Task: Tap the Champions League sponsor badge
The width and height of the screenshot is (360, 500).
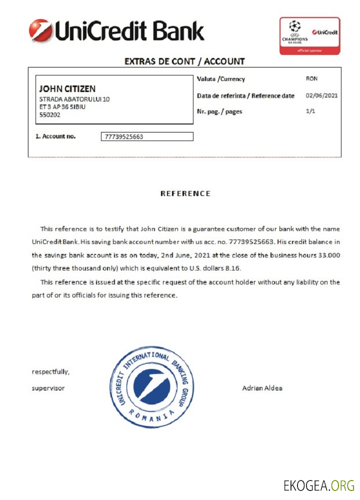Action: pyautogui.click(x=309, y=35)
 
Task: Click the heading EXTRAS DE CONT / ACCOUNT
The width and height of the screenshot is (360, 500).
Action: pyautogui.click(x=184, y=61)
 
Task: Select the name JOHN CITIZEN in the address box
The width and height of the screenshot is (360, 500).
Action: pyautogui.click(x=67, y=89)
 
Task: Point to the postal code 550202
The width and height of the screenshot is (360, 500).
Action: pyautogui.click(x=50, y=114)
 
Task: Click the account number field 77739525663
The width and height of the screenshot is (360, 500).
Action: pyautogui.click(x=147, y=136)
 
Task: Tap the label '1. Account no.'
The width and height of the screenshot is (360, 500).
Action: pyautogui.click(x=55, y=136)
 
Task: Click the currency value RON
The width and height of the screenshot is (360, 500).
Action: pyautogui.click(x=311, y=79)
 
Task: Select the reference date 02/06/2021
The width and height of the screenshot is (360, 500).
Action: pyautogui.click(x=321, y=95)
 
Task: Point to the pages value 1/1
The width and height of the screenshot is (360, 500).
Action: pyautogui.click(x=310, y=111)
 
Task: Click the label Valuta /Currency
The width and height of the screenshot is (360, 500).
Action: pyautogui.click(x=221, y=79)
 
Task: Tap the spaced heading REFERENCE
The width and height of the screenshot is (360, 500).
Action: pyautogui.click(x=185, y=193)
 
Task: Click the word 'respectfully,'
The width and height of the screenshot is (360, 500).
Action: pyautogui.click(x=51, y=372)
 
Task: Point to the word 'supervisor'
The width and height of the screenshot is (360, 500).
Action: pyautogui.click(x=48, y=388)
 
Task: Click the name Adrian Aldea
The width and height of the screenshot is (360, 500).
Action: pyautogui.click(x=262, y=388)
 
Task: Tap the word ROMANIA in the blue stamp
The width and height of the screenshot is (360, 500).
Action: pyautogui.click(x=151, y=415)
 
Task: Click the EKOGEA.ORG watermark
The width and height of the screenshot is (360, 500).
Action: pyautogui.click(x=318, y=485)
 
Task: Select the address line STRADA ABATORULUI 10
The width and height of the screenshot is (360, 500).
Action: pyautogui.click(x=74, y=99)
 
